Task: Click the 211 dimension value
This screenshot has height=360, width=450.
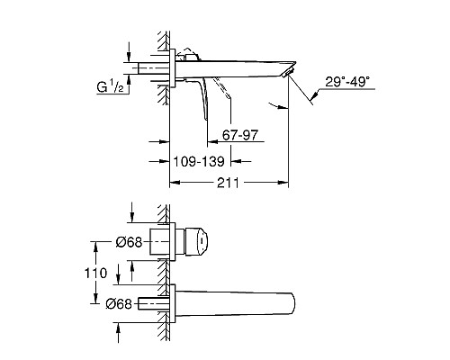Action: pyautogui.click(x=228, y=183)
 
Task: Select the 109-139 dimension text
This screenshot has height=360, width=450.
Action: pyautogui.click(x=199, y=161)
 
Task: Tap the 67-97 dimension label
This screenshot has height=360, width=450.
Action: pyautogui.click(x=240, y=135)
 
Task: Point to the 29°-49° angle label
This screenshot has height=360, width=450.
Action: pyautogui.click(x=347, y=82)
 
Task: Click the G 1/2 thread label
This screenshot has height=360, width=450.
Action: pyautogui.click(x=110, y=87)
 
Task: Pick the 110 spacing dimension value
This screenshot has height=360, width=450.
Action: pyautogui.click(x=95, y=274)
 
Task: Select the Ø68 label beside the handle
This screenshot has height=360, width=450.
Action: pyautogui.click(x=129, y=242)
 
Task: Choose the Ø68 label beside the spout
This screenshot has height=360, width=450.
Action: pyautogui.click(x=119, y=304)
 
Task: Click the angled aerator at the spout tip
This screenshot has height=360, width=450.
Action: pyautogui.click(x=287, y=73)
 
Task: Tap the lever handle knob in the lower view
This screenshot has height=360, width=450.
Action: pyautogui.click(x=197, y=242)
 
